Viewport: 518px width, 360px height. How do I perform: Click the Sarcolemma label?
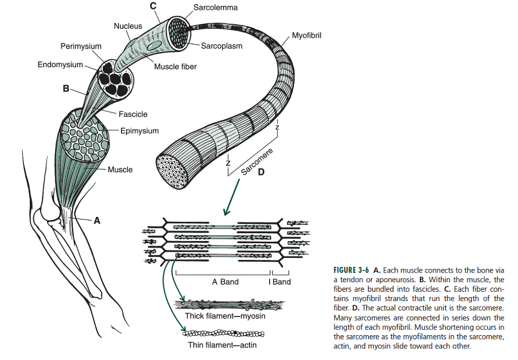coord(215,8)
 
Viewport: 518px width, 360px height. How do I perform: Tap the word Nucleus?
coord(128,26)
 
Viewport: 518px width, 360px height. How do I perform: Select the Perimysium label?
coord(81,46)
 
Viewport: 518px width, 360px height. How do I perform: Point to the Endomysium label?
coord(60,65)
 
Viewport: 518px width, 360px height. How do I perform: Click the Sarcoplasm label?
coord(222,46)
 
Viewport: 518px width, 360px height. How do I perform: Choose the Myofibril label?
coord(307,35)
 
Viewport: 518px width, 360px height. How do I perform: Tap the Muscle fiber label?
coord(176,66)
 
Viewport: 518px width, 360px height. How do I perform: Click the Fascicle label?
coord(133,114)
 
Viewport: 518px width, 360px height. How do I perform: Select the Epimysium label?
coord(140,130)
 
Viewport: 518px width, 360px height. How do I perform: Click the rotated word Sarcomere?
coord(257,162)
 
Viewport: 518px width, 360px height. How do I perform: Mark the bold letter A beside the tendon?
coord(97,220)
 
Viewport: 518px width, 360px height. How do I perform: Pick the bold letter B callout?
coord(65,89)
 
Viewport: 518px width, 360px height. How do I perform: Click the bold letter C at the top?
coord(153,6)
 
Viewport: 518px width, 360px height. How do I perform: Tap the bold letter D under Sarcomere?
coord(261,172)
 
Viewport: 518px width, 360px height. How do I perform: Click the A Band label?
coord(225,282)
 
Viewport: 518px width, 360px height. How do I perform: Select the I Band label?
coord(280,282)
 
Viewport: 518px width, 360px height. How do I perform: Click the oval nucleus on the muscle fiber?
coord(153,47)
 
